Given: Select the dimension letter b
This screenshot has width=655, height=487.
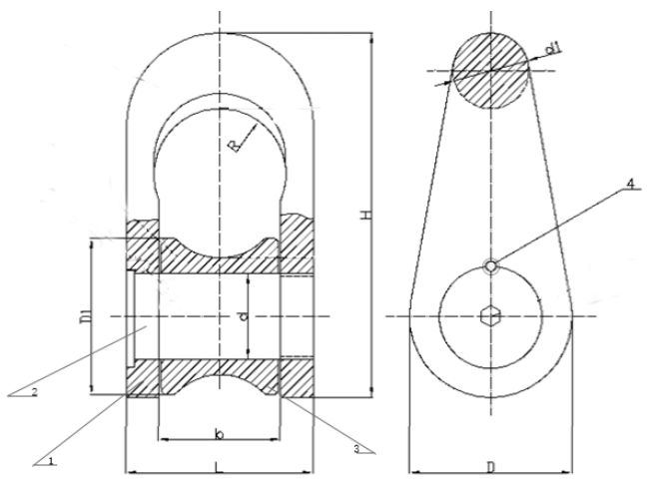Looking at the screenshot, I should tap(218, 435).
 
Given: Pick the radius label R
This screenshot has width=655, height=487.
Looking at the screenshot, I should tap(232, 147).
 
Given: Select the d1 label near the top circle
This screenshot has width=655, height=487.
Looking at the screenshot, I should tap(552, 47).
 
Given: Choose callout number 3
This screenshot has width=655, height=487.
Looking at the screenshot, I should tap(356, 448).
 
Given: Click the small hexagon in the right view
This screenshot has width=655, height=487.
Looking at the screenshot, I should tap(490, 316).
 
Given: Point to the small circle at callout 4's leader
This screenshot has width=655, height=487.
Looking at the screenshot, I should tap(490, 264).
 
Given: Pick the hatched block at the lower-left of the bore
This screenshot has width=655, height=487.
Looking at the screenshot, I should tap(142, 379).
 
